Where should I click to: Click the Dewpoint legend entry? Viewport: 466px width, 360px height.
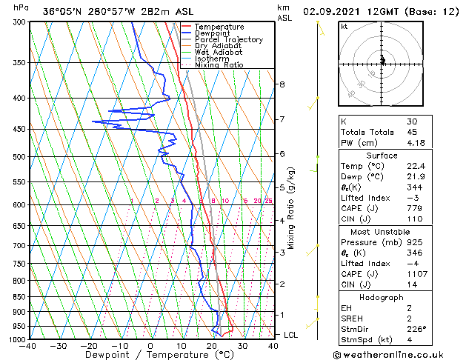pyautogui.click(x=210, y=33)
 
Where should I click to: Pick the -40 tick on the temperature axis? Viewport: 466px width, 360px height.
pyautogui.click(x=28, y=346)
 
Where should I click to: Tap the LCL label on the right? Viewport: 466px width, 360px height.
pyautogui.click(x=291, y=335)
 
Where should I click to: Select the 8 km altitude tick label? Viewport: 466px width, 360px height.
pyautogui.click(x=282, y=84)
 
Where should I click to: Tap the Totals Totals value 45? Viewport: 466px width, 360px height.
pyautogui.click(x=412, y=132)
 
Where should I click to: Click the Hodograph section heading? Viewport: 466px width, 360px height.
pyautogui.click(x=382, y=297)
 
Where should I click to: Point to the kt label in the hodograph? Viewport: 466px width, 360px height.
pyautogui.click(x=344, y=27)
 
